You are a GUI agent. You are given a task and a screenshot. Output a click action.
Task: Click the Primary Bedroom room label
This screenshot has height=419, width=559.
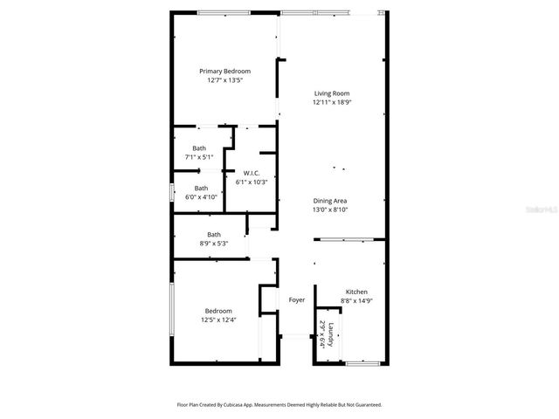[x=224, y=71]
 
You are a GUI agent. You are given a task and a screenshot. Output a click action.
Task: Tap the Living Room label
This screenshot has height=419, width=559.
[x=332, y=93]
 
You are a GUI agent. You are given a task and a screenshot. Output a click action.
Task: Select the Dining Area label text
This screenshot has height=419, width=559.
[x=331, y=201]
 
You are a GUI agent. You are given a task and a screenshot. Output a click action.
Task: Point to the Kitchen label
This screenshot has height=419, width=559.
[x=356, y=292]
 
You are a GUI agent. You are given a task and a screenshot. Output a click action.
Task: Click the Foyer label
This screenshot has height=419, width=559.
[x=297, y=300]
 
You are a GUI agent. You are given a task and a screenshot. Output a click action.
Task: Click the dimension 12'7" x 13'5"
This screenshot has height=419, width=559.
[x=224, y=80]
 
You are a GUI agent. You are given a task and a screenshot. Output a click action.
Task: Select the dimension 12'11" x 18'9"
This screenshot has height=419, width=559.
[x=332, y=102]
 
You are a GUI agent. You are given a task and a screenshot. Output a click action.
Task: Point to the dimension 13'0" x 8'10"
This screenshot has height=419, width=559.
[x=331, y=209]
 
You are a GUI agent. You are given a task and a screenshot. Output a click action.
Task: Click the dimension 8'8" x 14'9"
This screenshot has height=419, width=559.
[x=356, y=300]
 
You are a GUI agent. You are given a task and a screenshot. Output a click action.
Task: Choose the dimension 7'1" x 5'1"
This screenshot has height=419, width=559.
[x=199, y=157]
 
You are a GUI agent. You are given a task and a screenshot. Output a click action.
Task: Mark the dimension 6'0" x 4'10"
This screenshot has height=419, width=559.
[x=201, y=197]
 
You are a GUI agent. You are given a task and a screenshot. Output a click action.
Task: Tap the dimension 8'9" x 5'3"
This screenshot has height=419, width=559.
[x=214, y=244]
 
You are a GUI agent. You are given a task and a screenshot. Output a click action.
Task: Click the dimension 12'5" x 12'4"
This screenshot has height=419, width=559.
[x=218, y=320]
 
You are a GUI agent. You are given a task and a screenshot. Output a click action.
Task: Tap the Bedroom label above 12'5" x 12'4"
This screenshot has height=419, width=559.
[x=218, y=311]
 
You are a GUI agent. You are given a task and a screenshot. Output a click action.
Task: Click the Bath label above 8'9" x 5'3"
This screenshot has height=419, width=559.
[x=214, y=234]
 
